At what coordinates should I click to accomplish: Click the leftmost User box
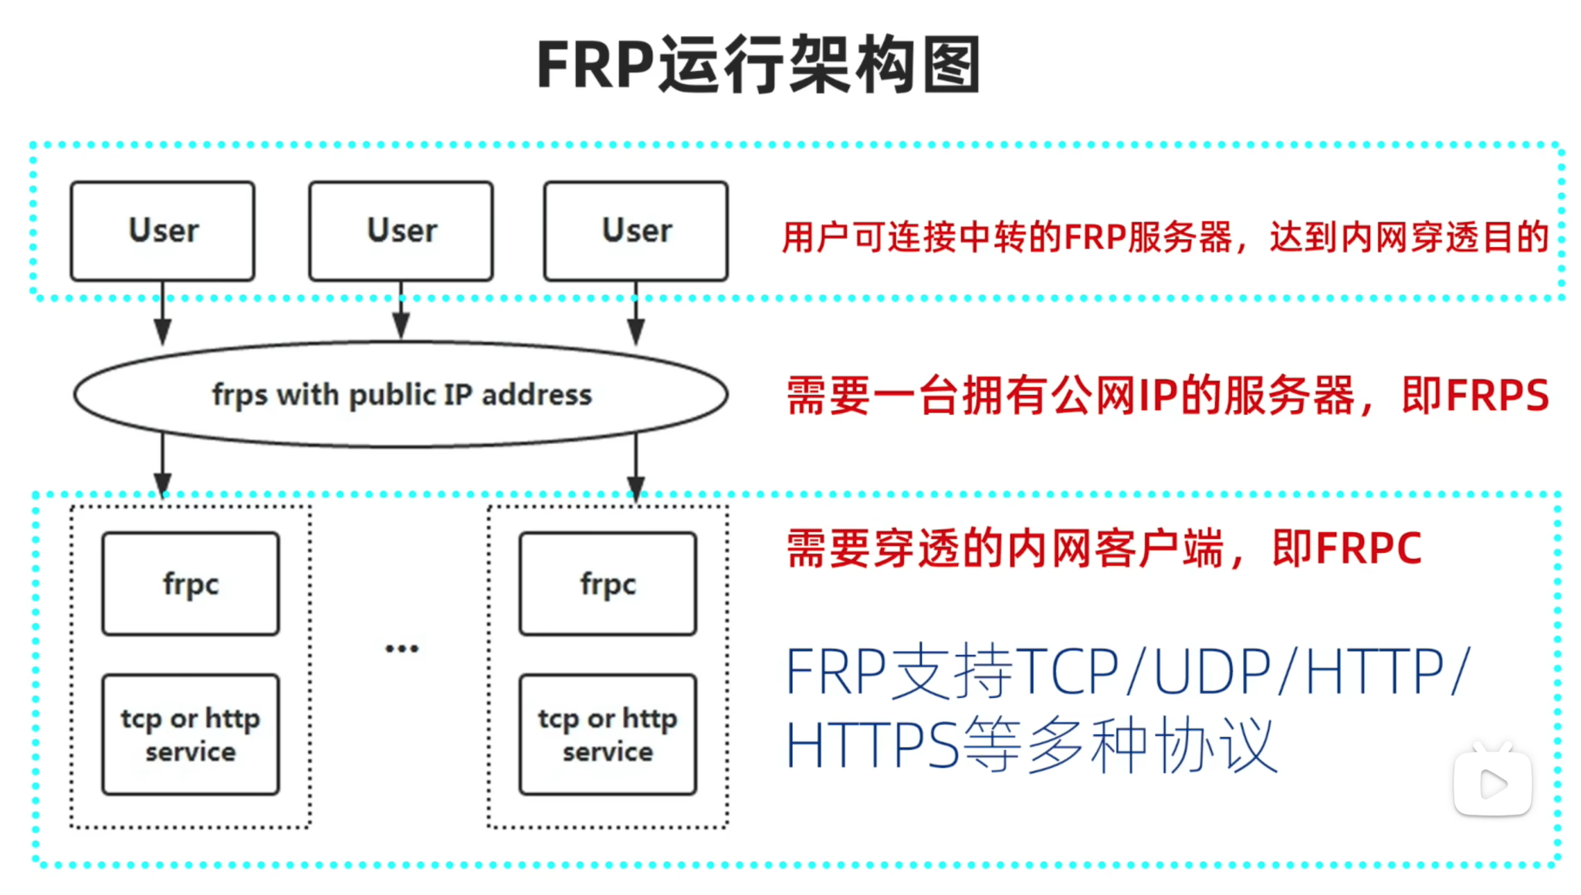pyautogui.click(x=162, y=231)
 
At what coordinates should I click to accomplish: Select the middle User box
pyautogui.click(x=401, y=231)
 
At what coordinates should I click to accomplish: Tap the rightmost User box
pyautogui.click(x=635, y=231)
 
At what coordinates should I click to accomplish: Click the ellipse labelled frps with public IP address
pyautogui.click(x=401, y=395)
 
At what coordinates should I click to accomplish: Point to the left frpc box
pyautogui.click(x=191, y=584)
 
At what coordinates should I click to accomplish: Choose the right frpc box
pyautogui.click(x=608, y=584)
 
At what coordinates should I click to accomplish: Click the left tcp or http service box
pyautogui.click(x=191, y=734)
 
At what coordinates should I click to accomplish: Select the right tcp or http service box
pyautogui.click(x=608, y=734)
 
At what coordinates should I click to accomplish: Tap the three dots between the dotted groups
pyautogui.click(x=401, y=649)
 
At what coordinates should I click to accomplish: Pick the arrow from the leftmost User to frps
pyautogui.click(x=162, y=313)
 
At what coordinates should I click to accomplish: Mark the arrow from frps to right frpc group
pyautogui.click(x=635, y=467)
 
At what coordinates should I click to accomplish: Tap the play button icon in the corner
pyautogui.click(x=1492, y=783)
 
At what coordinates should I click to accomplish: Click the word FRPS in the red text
pyautogui.click(x=1497, y=395)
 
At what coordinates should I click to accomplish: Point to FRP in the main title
pyautogui.click(x=595, y=65)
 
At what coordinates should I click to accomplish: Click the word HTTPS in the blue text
pyautogui.click(x=872, y=745)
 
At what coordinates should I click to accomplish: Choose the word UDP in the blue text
pyautogui.click(x=1211, y=672)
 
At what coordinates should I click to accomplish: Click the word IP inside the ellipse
pyautogui.click(x=457, y=395)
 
